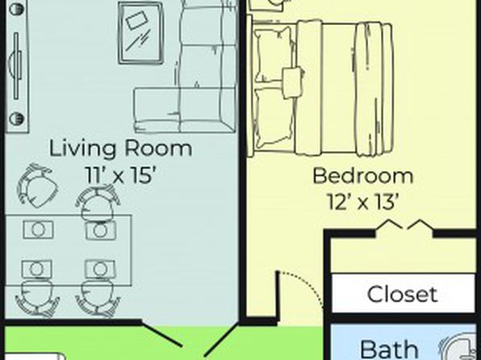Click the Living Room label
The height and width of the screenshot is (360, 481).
click(x=120, y=149)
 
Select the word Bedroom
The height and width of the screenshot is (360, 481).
click(x=363, y=176)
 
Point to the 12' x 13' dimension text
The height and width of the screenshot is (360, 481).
click(x=363, y=202)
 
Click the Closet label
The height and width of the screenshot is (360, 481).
click(x=402, y=295)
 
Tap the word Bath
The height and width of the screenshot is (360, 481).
click(x=389, y=350)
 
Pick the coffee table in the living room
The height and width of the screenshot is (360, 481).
click(x=140, y=33)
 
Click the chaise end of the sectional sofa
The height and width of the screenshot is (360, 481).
click(x=157, y=110)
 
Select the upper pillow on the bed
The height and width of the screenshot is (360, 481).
click(x=274, y=55)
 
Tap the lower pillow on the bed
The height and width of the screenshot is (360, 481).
click(x=274, y=117)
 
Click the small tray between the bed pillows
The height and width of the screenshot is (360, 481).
click(x=292, y=83)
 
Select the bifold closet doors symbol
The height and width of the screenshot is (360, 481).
click(x=404, y=225)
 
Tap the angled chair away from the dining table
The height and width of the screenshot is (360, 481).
click(x=38, y=186)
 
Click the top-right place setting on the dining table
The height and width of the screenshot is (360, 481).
click(x=101, y=231)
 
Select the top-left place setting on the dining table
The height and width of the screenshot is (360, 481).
click(x=38, y=229)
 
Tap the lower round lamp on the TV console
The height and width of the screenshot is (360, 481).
click(x=17, y=119)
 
